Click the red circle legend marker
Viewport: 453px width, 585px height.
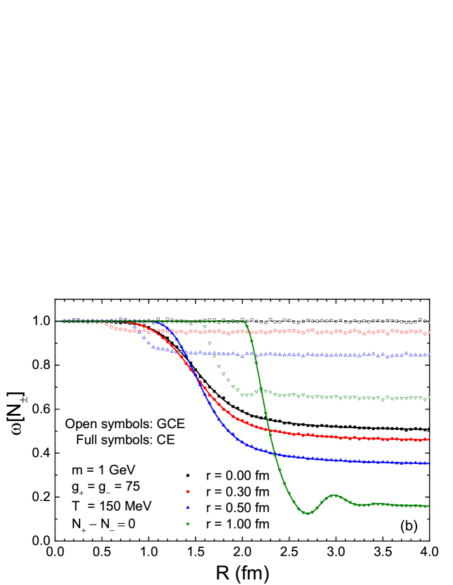pos(188,491)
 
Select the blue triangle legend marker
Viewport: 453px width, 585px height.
pos(188,507)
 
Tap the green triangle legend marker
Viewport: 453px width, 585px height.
pos(188,524)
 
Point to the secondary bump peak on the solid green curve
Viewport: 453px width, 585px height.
pos(334,496)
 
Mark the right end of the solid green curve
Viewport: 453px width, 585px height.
pos(428,506)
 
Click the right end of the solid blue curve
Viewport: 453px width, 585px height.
pos(428,463)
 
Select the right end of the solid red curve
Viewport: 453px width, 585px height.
pos(428,439)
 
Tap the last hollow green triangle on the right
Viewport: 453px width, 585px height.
pos(429,397)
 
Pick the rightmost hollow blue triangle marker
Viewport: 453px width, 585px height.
pos(429,354)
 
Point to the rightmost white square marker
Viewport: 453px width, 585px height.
pos(428,321)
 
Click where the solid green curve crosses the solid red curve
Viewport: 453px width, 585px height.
pos(267,429)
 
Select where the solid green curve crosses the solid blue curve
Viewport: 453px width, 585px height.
pos(272,452)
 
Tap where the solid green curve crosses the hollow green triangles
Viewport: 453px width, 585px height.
pos(261,390)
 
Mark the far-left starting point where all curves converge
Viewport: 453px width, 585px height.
pos(57,321)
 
